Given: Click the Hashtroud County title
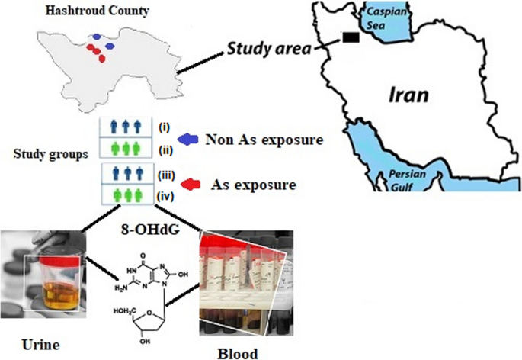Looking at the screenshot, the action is pyautogui.click(x=97, y=11).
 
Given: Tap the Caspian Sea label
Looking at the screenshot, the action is pyautogui.click(x=386, y=18).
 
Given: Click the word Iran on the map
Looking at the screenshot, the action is pyautogui.click(x=408, y=95).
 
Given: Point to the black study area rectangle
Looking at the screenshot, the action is pyautogui.click(x=351, y=37).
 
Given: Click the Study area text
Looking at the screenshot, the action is pyautogui.click(x=269, y=49).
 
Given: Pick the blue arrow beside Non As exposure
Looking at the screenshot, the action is pyautogui.click(x=187, y=140).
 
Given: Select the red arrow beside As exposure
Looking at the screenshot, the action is pyautogui.click(x=190, y=185).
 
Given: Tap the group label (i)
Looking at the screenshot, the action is pyautogui.click(x=164, y=127).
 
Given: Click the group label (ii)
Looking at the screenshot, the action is pyautogui.click(x=165, y=150).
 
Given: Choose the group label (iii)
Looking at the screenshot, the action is pyautogui.click(x=166, y=175).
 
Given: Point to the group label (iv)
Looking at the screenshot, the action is pyautogui.click(x=165, y=197).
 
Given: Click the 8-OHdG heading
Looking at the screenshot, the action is pyautogui.click(x=150, y=230).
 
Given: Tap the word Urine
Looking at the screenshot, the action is pyautogui.click(x=40, y=345).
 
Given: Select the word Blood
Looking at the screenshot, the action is pyautogui.click(x=238, y=354).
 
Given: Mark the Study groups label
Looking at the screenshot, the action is pyautogui.click(x=51, y=154).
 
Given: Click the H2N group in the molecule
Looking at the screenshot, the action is pyautogui.click(x=121, y=288).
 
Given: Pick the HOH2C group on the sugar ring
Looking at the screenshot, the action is pyautogui.click(x=124, y=311).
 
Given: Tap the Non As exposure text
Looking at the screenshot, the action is pyautogui.click(x=264, y=140).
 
